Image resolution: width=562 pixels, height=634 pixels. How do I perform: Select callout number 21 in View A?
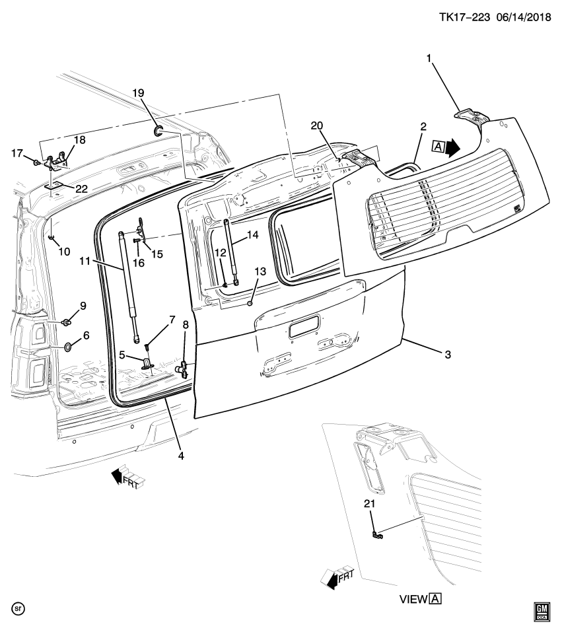point(370,505)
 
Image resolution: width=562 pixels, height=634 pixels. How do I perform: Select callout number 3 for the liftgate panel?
point(447,355)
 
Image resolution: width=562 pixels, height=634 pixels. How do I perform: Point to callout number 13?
point(260,271)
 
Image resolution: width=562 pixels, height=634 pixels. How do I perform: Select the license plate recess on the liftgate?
point(303,326)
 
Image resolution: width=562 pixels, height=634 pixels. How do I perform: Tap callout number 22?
point(81,189)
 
